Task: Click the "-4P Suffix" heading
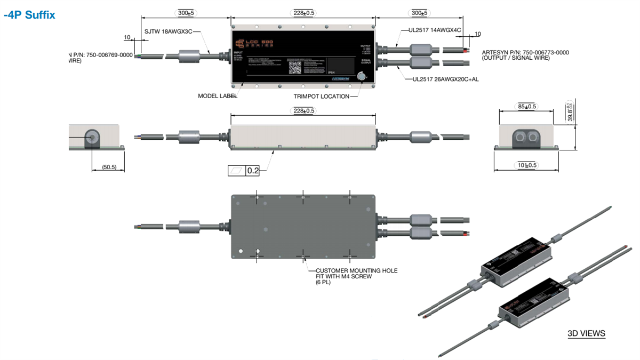(29, 15)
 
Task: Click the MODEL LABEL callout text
(218, 97)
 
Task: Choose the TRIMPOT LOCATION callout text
(322, 97)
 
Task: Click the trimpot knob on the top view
(362, 77)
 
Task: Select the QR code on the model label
(295, 67)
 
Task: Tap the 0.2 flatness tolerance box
(252, 171)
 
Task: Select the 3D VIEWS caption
(586, 334)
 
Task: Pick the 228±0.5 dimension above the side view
(303, 110)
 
